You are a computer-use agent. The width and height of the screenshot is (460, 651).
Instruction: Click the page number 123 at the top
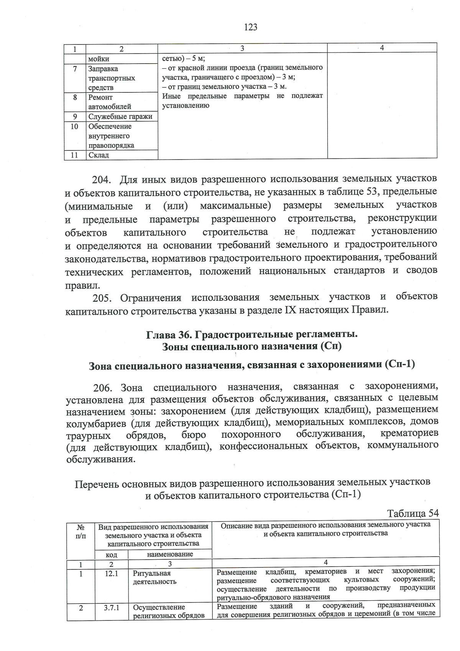tap(250, 27)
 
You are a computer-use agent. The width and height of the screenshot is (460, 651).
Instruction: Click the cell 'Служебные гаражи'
tap(120, 117)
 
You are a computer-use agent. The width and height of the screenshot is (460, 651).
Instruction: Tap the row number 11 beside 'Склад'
tap(74, 155)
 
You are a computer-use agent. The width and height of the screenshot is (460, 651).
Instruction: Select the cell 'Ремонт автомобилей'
tap(110, 102)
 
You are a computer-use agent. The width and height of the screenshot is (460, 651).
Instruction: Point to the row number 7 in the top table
tap(75, 69)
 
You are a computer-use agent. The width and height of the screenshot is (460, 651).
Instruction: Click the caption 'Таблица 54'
tap(412, 513)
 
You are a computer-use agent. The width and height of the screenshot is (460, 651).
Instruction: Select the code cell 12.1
tap(111, 574)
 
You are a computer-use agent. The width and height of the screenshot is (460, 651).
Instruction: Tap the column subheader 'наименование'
tap(170, 554)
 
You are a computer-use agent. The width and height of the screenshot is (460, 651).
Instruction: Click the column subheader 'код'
tap(112, 555)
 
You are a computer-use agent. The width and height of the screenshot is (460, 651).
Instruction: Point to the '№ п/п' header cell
tap(81, 531)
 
